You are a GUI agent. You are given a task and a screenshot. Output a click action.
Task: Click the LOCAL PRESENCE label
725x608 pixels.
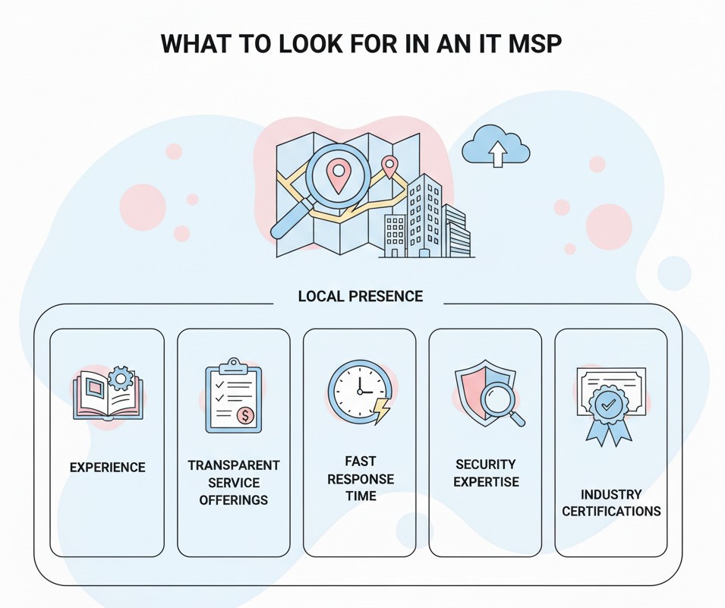coord(360,296)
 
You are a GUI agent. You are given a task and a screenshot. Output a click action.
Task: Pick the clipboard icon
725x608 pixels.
coord(234,395)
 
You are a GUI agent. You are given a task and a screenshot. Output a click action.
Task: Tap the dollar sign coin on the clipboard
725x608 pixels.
coord(245,415)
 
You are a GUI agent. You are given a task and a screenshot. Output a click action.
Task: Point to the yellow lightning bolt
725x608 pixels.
coord(382,410)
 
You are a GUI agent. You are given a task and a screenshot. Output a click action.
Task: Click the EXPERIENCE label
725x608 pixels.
coord(108,468)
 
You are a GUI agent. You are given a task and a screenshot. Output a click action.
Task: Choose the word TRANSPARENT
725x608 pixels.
coord(234,465)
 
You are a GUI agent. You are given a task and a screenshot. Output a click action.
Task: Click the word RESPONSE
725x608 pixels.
coord(361,479)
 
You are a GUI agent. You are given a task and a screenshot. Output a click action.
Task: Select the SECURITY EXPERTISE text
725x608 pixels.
coord(486,473)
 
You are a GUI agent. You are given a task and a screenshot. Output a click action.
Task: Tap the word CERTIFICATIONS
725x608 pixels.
coord(611,512)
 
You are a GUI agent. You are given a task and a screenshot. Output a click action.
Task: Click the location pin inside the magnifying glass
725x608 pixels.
coord(338,177)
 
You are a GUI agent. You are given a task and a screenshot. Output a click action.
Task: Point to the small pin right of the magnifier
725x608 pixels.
coord(389,167)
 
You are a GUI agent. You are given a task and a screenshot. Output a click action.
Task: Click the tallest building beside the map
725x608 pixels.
coord(423,216)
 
